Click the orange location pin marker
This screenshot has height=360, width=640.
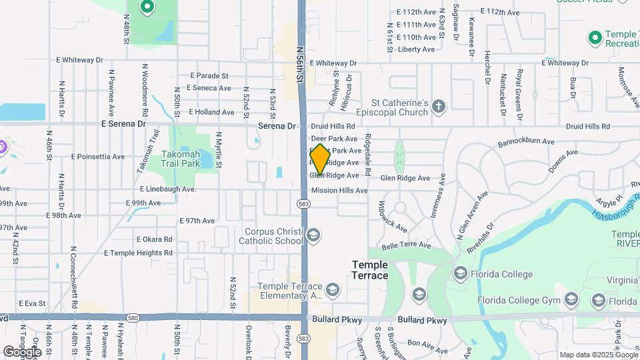(x=320, y=159)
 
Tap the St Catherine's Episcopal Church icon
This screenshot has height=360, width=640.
(x=438, y=107)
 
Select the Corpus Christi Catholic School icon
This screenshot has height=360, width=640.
(x=313, y=235)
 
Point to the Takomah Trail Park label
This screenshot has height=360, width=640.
(x=180, y=158)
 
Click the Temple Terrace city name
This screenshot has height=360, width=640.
(x=370, y=270)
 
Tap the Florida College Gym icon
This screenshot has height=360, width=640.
(x=571, y=301)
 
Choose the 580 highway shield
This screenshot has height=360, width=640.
(x=134, y=317)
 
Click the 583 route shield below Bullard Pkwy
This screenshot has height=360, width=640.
(x=304, y=339)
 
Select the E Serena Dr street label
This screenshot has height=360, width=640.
(x=123, y=124)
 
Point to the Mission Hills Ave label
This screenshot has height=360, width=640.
(x=339, y=191)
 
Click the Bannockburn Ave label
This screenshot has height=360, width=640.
(x=527, y=142)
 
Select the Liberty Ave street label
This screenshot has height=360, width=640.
(x=415, y=49)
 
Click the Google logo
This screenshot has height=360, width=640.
(x=22, y=351)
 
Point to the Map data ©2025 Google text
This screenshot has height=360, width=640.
(x=598, y=355)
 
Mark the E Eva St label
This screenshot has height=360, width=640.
(x=31, y=303)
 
